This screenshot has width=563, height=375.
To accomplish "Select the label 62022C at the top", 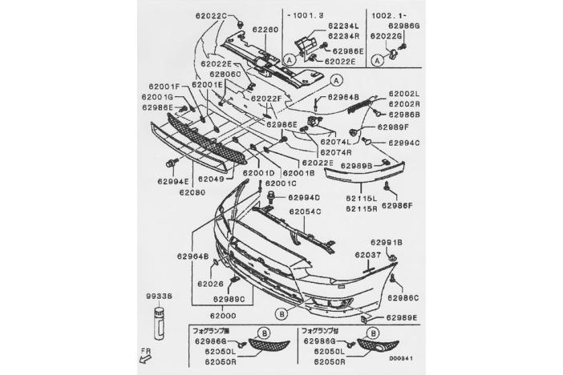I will point(212,16).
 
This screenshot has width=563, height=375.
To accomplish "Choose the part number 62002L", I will point(403,94).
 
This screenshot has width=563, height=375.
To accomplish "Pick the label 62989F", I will point(394,127).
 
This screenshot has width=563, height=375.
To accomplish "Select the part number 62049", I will point(212,179).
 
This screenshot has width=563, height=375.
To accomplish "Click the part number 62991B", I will point(386,241).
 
